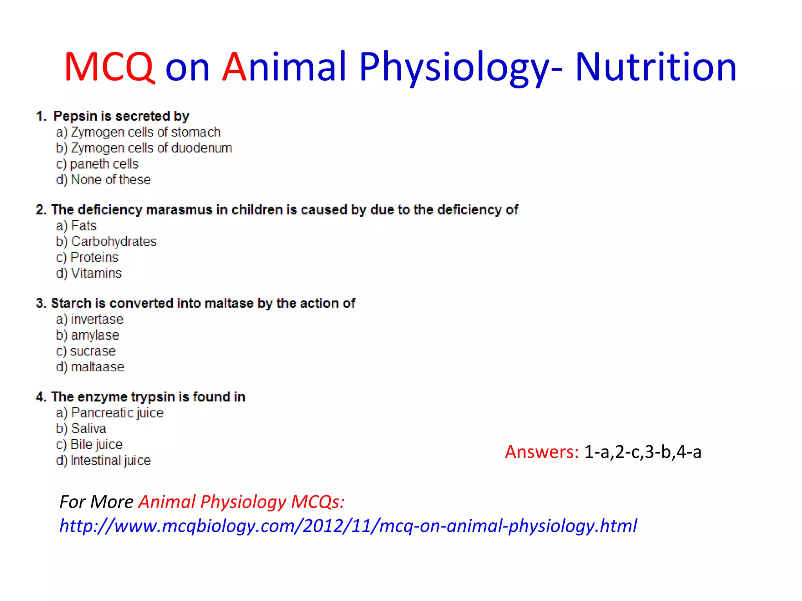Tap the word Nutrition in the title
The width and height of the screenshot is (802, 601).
point(656,67)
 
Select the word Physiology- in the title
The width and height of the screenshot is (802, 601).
point(461,67)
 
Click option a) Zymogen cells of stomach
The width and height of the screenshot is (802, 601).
point(138,132)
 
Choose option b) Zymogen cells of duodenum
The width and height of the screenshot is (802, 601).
point(144,148)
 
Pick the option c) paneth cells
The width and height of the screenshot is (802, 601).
point(97,164)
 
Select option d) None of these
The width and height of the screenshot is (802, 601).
point(103,180)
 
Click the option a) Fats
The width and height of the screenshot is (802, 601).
point(76,226)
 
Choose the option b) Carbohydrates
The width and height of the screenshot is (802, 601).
point(106,241)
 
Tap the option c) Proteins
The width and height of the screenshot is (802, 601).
point(87,257)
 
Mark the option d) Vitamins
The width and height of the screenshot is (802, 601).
point(89,273)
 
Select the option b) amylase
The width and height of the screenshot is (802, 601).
point(87,335)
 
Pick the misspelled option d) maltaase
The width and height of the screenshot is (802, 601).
point(90,367)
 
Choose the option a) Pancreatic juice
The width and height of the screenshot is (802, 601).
point(109,413)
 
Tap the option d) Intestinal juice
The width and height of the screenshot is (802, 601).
point(103,461)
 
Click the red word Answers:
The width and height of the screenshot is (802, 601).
point(542,452)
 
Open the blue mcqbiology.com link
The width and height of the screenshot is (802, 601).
point(348,525)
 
